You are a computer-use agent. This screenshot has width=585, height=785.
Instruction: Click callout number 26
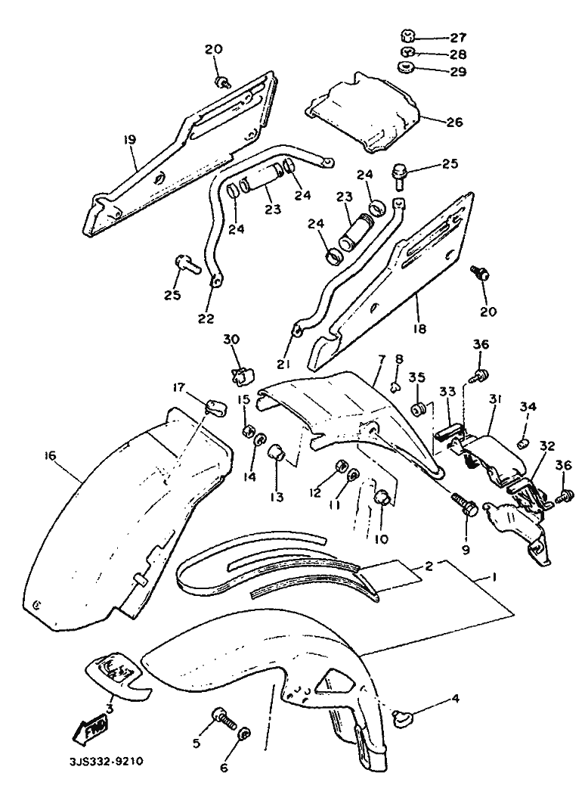point(454,121)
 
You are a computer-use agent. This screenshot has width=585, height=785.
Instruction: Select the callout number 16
point(51,455)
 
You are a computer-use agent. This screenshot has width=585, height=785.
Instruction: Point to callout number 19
point(129,141)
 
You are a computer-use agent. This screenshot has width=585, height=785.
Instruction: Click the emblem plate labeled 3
point(113,669)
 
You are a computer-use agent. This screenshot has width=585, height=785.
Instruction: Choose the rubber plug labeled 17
point(214,407)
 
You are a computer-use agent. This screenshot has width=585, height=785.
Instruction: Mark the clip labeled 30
point(241,374)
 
